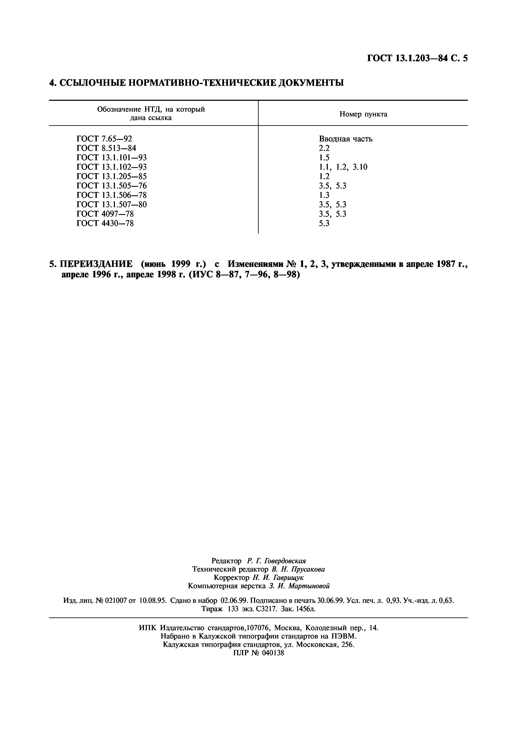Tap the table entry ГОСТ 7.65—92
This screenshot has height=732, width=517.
click(104, 139)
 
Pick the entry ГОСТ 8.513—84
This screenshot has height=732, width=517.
click(106, 148)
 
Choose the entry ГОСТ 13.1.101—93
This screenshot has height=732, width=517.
click(112, 158)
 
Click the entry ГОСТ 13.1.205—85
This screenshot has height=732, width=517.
click(112, 176)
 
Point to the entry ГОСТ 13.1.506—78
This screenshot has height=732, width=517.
click(112, 195)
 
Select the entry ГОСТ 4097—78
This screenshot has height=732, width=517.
click(105, 214)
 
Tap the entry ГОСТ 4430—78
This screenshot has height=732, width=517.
click(105, 223)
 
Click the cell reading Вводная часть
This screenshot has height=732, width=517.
click(346, 139)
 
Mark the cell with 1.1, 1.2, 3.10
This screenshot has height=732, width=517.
click(343, 167)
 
